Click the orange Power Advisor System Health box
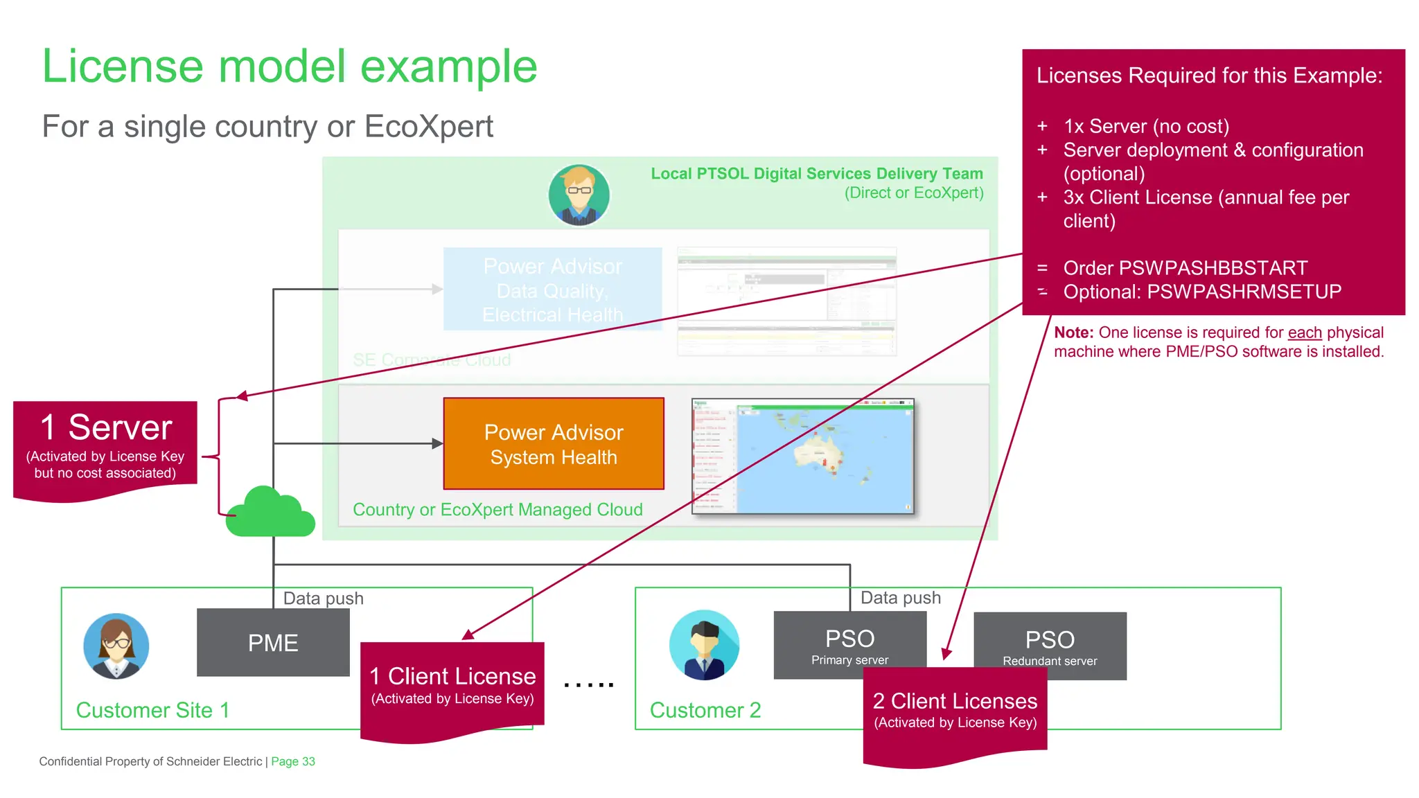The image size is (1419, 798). click(554, 444)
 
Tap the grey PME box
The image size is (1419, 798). click(273, 643)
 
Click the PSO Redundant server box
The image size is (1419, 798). click(1050, 646)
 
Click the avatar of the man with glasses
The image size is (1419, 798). click(579, 195)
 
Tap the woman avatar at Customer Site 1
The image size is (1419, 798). click(116, 646)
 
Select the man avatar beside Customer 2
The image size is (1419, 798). click(704, 645)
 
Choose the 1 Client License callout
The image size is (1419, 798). click(452, 686)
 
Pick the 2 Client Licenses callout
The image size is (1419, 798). click(955, 710)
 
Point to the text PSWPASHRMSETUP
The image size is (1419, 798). click(1244, 292)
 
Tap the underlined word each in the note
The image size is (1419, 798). click(1305, 332)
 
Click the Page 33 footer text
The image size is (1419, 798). click(292, 761)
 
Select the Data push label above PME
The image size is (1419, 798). click(323, 598)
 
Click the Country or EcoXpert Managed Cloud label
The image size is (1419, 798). click(497, 510)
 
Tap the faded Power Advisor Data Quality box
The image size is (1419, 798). click(552, 290)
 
